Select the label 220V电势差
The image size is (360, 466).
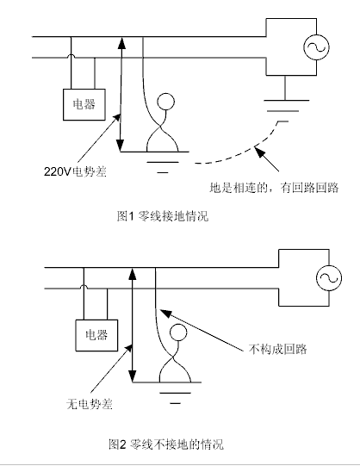point(75,171)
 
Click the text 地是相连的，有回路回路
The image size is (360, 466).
point(274,188)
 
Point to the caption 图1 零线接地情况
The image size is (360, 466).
point(163,215)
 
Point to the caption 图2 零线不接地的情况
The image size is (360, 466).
point(166,444)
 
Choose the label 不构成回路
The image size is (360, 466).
point(277,349)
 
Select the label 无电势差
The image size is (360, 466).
point(90,404)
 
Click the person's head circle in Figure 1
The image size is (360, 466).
point(165,102)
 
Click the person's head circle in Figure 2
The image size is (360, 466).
point(178,332)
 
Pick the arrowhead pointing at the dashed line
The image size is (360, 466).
point(260,152)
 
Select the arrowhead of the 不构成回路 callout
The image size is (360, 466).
point(165,313)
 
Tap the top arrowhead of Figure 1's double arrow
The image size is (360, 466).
point(121,43)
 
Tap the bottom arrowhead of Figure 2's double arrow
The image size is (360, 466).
point(133,376)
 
